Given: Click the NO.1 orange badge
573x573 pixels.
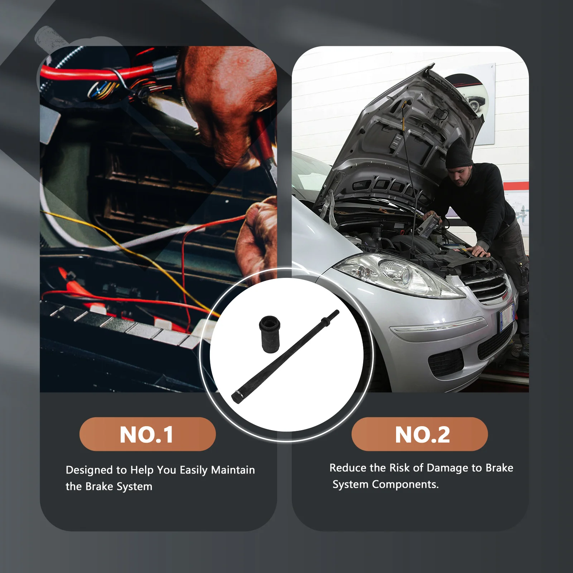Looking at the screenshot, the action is (x=148, y=434).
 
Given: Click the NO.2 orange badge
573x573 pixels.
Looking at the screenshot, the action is (x=420, y=434).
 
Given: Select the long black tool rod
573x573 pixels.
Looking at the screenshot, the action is (x=285, y=356).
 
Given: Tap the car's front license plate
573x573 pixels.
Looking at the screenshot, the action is (x=506, y=316).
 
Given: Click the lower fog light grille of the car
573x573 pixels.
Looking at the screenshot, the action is (x=446, y=362).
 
